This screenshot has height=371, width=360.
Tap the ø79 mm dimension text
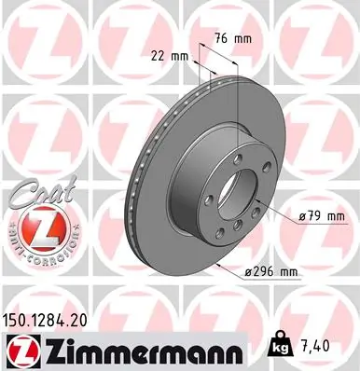322,217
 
